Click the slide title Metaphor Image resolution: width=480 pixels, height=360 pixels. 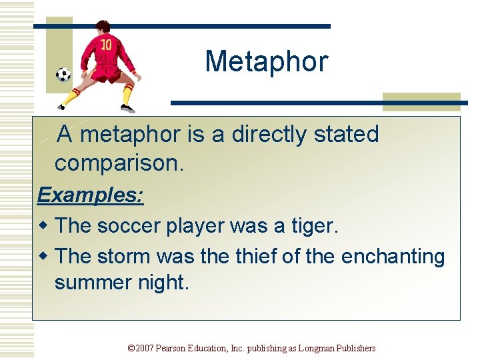click(x=267, y=61)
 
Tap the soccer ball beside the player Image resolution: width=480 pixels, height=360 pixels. click(x=63, y=74)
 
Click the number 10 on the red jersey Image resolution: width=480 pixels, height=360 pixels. click(x=106, y=45)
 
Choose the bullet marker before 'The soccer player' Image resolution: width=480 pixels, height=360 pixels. click(x=44, y=226)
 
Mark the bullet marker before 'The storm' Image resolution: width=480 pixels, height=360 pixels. click(x=44, y=256)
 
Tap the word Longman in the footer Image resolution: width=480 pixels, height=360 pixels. click(x=316, y=348)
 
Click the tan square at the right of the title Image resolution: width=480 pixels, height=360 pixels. click(x=421, y=101)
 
